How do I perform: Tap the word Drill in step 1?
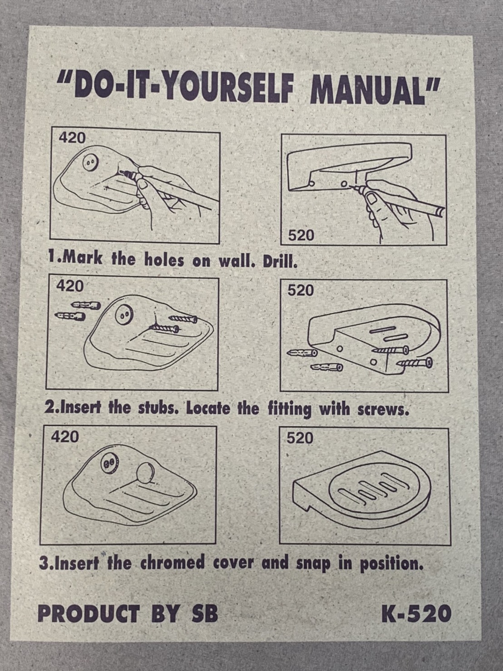(280, 261)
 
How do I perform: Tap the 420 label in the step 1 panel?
(73, 138)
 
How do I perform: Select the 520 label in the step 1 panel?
(301, 235)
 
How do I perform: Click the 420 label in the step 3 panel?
(65, 437)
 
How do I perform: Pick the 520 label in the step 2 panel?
(301, 291)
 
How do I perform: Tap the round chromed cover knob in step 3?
(145, 473)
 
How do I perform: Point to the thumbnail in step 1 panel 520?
(372, 199)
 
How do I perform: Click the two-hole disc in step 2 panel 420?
(124, 314)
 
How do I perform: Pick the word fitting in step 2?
(289, 409)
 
